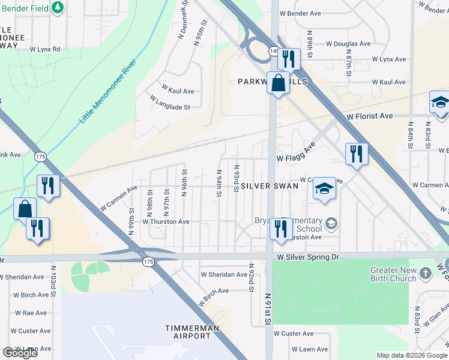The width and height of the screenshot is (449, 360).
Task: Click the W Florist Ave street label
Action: pyautogui.click(x=367, y=116)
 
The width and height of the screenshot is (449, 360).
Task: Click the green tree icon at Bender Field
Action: pyautogui.click(x=58, y=7)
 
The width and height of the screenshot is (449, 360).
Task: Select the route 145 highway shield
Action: pyautogui.click(x=274, y=52)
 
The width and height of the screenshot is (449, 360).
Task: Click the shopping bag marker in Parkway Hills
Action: pyautogui.click(x=279, y=83)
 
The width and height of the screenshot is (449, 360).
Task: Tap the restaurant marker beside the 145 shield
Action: pyautogui.click(x=289, y=59)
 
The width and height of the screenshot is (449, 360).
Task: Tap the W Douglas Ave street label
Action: pyautogui.click(x=348, y=44)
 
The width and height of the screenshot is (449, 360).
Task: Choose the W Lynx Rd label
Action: pyautogui.click(x=45, y=49)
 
